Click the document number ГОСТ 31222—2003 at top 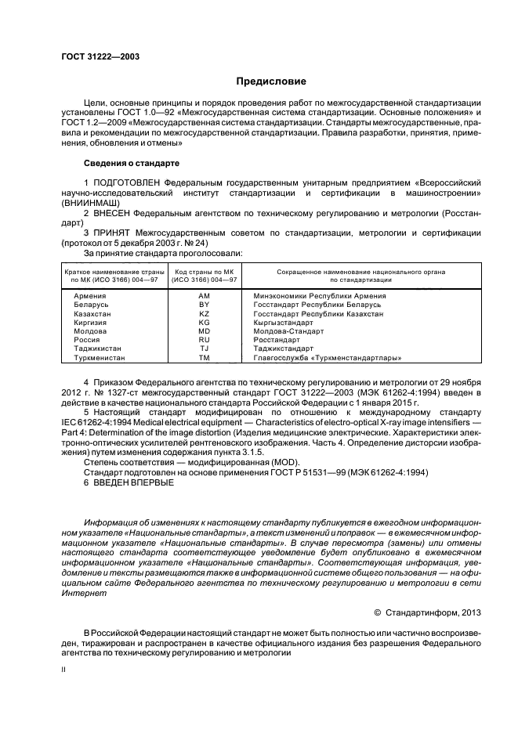96,56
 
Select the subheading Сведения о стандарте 132,163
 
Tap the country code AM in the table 205,296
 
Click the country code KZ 205,313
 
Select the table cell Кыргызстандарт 283,323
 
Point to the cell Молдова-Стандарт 286,331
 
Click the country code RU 205,341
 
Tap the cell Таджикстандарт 284,349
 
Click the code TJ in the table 205,349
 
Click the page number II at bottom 64,670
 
